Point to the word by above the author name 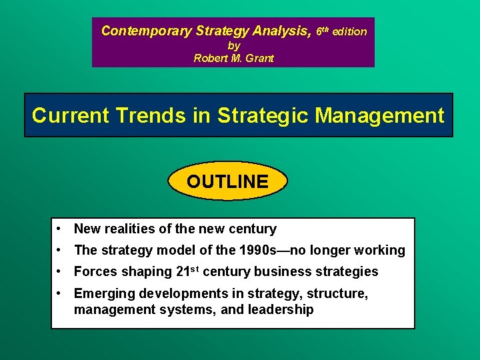[233, 45]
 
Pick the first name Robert [209, 58]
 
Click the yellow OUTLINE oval [227, 181]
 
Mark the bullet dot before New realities [60, 229]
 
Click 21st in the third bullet [187, 271]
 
